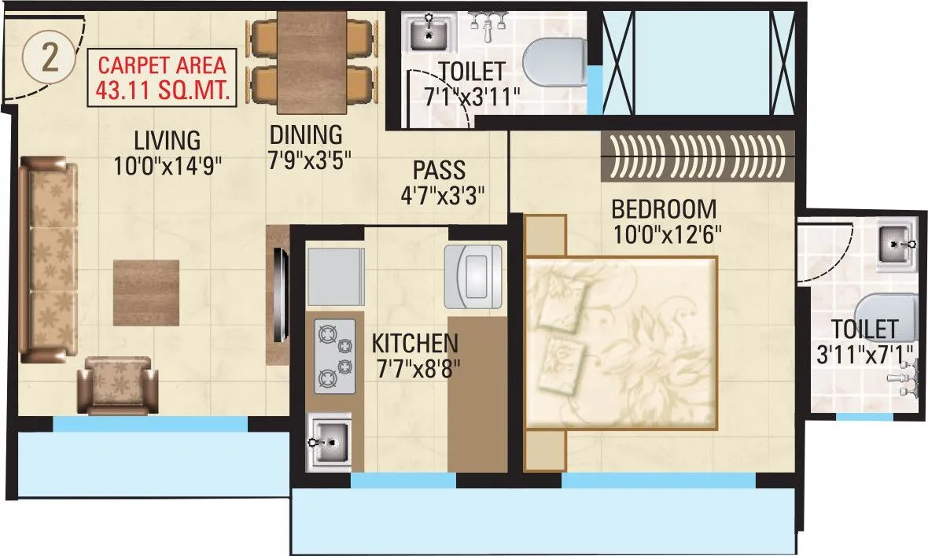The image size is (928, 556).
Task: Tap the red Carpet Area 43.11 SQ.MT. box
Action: (x=161, y=78)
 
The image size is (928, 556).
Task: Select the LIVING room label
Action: (x=167, y=141)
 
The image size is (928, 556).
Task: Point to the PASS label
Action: (x=440, y=170)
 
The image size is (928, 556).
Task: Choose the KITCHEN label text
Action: (x=414, y=344)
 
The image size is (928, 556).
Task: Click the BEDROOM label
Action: (x=664, y=209)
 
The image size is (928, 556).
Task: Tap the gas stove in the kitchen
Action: (x=335, y=355)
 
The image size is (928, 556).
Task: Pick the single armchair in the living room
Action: (x=120, y=385)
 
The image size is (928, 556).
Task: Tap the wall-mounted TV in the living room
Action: (x=279, y=293)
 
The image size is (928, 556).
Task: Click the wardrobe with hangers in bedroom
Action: (x=698, y=155)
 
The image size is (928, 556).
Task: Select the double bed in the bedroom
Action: (x=621, y=342)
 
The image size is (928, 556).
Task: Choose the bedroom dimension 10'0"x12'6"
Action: (x=666, y=234)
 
